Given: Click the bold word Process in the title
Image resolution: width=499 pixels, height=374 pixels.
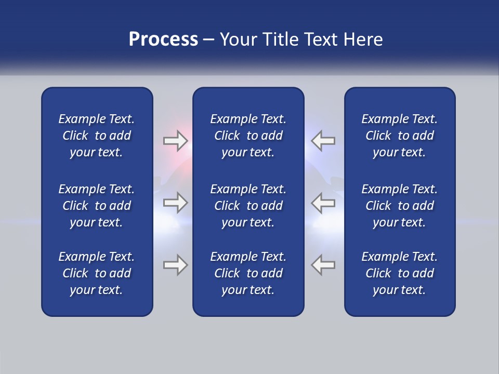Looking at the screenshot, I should click(x=163, y=39).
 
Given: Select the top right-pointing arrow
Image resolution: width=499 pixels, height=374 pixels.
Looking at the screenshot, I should click(x=175, y=141).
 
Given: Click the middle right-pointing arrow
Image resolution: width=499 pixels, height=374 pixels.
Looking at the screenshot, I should click(x=175, y=203).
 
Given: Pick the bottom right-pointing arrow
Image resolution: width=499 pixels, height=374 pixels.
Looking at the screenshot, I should click(x=175, y=265).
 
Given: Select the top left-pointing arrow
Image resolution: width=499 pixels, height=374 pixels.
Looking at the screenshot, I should click(x=323, y=141).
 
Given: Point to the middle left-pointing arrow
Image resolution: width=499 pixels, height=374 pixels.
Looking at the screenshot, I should click(x=323, y=203).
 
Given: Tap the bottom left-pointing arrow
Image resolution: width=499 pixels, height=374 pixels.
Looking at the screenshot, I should click(x=323, y=265).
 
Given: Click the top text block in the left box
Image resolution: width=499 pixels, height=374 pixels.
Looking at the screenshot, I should click(x=97, y=136).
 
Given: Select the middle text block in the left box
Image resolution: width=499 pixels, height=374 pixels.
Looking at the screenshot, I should click(x=97, y=206).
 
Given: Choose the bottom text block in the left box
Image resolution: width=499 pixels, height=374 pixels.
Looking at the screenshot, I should click(x=97, y=273).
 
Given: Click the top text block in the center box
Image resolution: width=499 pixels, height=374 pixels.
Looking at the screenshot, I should click(x=248, y=136).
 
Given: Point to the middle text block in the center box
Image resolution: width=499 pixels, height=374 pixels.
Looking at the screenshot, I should click(x=248, y=206).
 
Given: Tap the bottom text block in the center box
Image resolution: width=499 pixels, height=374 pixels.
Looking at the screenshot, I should click(x=248, y=273).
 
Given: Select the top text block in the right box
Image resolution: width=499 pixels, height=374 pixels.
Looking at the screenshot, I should click(x=399, y=136).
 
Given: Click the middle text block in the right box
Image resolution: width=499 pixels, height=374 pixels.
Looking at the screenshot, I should click(x=399, y=206).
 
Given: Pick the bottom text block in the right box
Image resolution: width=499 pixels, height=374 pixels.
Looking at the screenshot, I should click(x=399, y=273).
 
